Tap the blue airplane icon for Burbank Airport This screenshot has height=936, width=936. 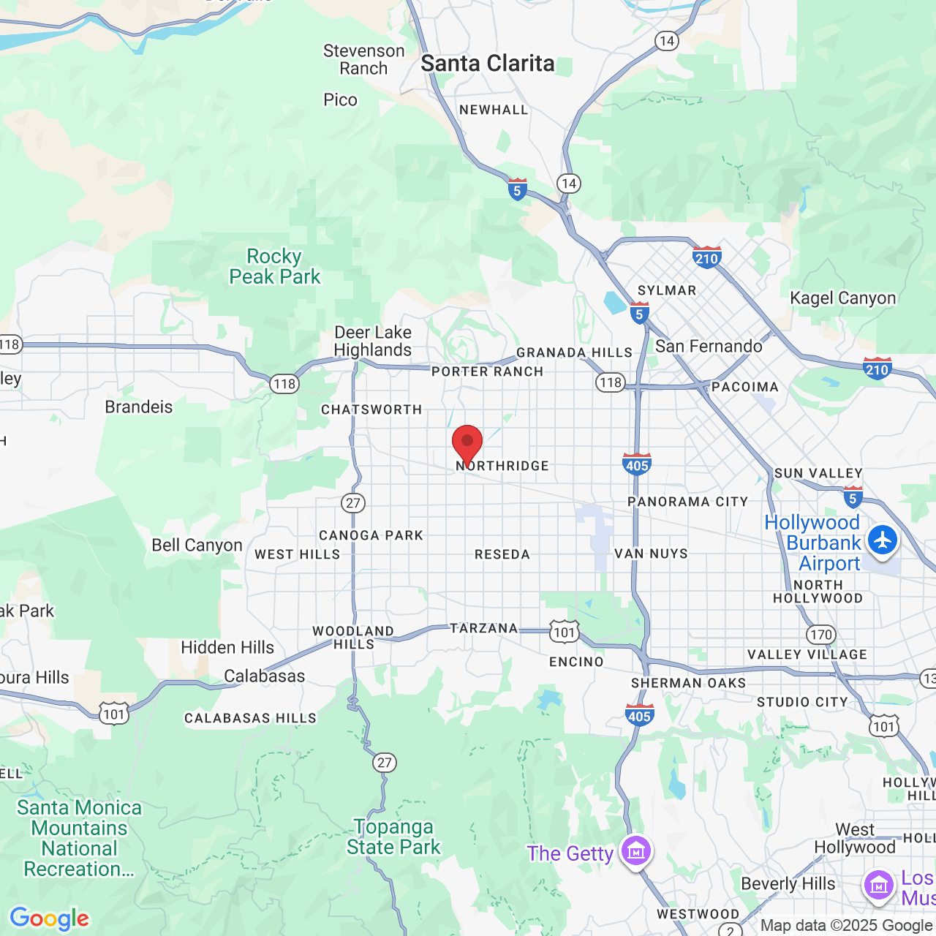(x=883, y=541)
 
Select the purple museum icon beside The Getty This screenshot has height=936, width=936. (x=636, y=851)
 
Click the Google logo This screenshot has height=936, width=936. (x=49, y=918)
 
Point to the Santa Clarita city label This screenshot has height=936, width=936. (x=487, y=64)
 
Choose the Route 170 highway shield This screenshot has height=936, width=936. (x=820, y=635)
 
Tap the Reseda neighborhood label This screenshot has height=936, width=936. (x=502, y=554)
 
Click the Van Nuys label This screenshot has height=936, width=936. (x=651, y=554)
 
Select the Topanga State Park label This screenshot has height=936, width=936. (x=393, y=837)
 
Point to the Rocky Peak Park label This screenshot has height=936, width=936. (x=275, y=266)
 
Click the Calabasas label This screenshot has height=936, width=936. (x=264, y=676)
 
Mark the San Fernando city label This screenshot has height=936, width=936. (x=708, y=346)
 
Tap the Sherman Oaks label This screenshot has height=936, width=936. (x=688, y=683)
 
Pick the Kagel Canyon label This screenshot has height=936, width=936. (x=842, y=298)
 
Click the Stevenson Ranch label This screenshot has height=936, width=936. (x=363, y=59)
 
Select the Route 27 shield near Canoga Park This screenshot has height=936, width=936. (x=353, y=503)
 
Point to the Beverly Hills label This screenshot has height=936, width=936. (x=788, y=883)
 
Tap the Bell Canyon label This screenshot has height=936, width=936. (x=197, y=545)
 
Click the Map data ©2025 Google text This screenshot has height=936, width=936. (x=845, y=925)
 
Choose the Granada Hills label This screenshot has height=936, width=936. (x=574, y=352)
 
